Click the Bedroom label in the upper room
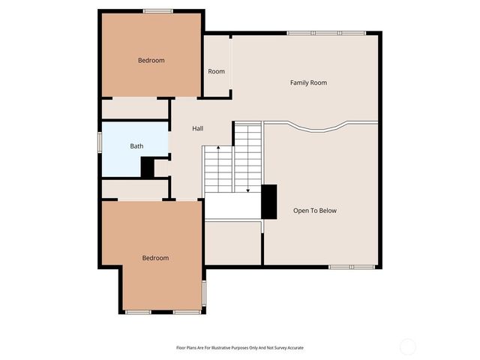[x=151, y=60]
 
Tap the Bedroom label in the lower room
[x=155, y=258]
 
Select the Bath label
[x=136, y=146]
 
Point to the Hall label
[x=197, y=129]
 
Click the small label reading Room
[x=216, y=71]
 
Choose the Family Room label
[x=308, y=82]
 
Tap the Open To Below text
[x=314, y=211]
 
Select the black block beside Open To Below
[x=268, y=201]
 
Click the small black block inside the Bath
[x=148, y=167]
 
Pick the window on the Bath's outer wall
[x=100, y=142]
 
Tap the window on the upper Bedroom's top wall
[x=158, y=10]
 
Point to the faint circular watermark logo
[x=407, y=346]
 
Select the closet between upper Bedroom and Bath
[x=135, y=109]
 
